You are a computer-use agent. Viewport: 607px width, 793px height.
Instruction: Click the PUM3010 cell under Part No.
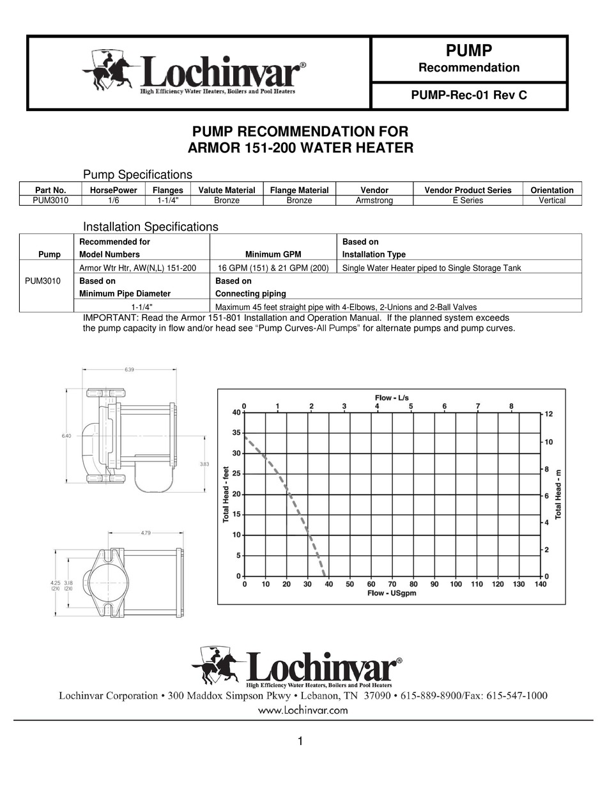(50, 201)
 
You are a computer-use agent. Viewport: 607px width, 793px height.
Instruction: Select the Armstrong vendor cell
(374, 201)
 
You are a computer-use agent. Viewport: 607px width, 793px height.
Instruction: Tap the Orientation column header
(552, 190)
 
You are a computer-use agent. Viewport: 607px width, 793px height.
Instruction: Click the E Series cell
(468, 201)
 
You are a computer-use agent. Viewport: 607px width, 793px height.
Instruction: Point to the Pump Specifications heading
(138, 174)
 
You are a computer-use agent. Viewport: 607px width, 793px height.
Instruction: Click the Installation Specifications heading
(151, 227)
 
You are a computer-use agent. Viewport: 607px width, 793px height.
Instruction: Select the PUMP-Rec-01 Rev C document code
(469, 96)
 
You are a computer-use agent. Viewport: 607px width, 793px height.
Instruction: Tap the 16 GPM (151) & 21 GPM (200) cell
(273, 268)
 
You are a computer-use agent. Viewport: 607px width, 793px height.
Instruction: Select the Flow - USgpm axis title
(392, 594)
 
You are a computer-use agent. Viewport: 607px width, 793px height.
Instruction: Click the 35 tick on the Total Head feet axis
(236, 433)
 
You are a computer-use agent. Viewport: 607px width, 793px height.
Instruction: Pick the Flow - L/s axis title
(392, 398)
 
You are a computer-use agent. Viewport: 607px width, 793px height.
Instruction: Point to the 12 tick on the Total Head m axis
(548, 414)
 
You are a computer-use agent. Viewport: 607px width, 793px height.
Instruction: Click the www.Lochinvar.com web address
(303, 710)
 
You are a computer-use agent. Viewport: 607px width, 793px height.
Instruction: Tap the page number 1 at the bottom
(300, 741)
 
